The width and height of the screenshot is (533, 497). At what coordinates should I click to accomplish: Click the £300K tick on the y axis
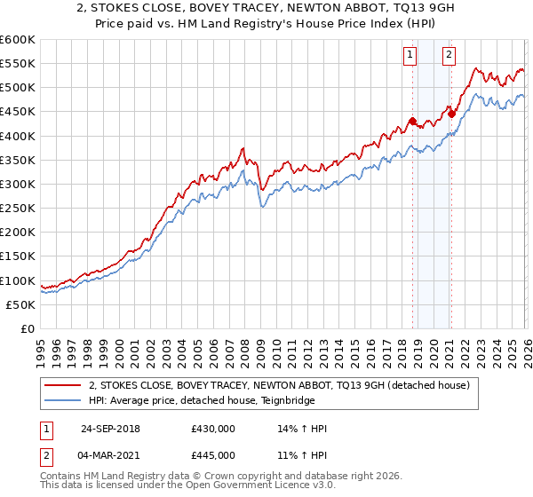coord(18,184)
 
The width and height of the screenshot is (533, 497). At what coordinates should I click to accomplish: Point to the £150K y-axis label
coord(18,256)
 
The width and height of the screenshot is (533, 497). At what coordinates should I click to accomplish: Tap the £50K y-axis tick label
coord(21,304)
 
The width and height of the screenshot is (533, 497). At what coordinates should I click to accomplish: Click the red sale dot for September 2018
coord(412,121)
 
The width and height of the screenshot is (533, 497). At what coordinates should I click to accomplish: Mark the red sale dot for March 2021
coord(451,113)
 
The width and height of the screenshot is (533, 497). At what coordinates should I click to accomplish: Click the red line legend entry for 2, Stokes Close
coord(284,384)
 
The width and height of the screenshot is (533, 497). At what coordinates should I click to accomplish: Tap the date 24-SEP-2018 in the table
coord(110,429)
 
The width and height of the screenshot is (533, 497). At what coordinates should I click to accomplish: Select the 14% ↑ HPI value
coord(302,429)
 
